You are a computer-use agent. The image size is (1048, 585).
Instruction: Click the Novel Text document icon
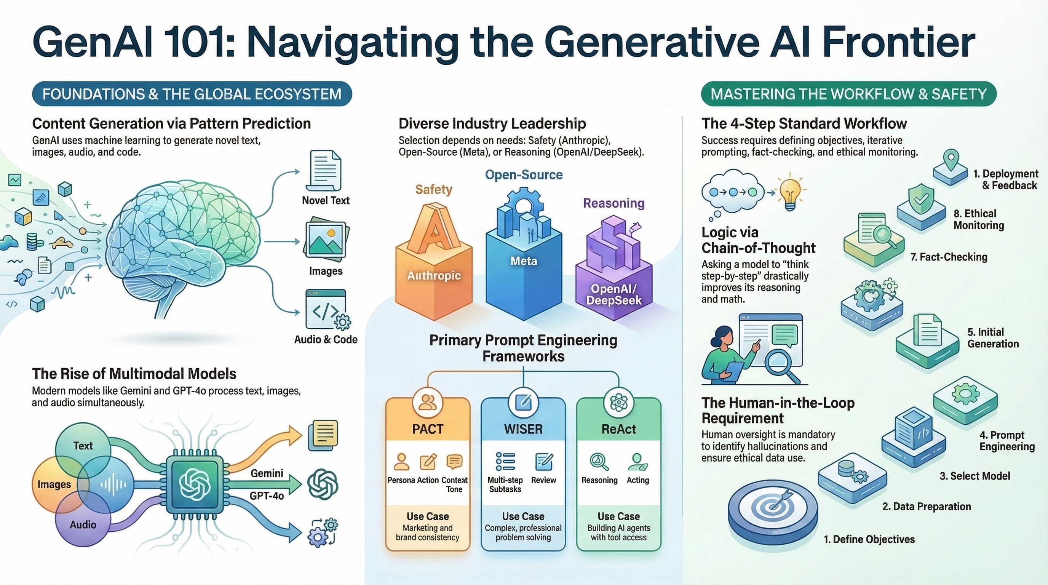coord(325,170)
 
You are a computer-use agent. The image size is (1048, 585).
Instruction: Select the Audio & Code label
coord(326,339)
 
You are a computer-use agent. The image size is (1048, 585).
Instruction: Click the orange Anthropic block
coord(434,269)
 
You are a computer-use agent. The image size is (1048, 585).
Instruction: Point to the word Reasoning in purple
coord(613,203)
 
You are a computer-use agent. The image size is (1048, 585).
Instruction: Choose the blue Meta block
coord(524,264)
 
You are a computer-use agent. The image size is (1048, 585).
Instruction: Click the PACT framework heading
coord(428,429)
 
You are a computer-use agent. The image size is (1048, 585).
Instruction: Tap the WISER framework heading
coord(523,429)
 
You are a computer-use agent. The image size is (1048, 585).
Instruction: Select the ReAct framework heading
coord(618,429)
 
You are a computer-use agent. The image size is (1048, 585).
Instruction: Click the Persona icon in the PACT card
coord(401,462)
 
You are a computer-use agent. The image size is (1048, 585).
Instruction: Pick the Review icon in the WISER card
coord(543,462)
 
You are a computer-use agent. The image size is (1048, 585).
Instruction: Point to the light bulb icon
coord(790,193)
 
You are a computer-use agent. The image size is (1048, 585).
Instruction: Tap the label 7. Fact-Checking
coord(949,257)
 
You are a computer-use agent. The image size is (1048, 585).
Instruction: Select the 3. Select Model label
coord(975,476)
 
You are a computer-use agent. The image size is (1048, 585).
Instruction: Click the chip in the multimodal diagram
coord(195,484)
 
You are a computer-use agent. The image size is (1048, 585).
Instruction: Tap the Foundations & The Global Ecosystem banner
coord(192,94)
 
